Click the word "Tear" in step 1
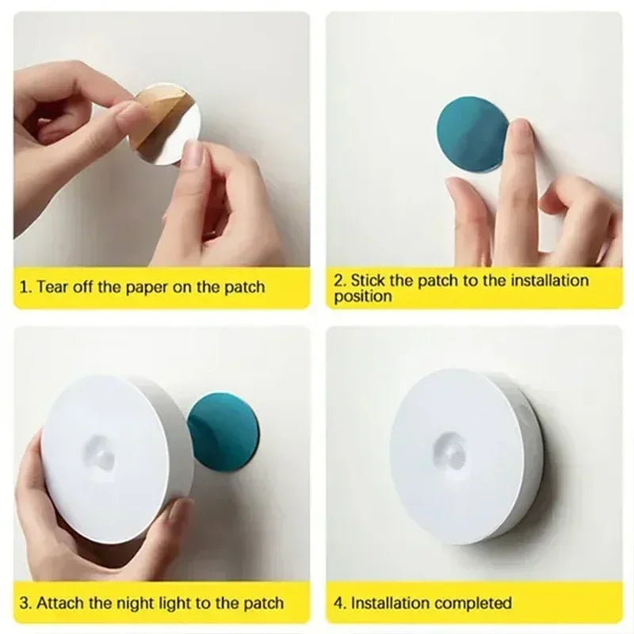[x=53, y=287]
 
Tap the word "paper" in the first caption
[x=147, y=287]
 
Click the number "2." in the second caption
[x=340, y=280]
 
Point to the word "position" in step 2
[x=362, y=297]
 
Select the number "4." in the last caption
[x=340, y=604]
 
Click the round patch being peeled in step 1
[x=170, y=127]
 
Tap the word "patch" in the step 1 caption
[x=244, y=287]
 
